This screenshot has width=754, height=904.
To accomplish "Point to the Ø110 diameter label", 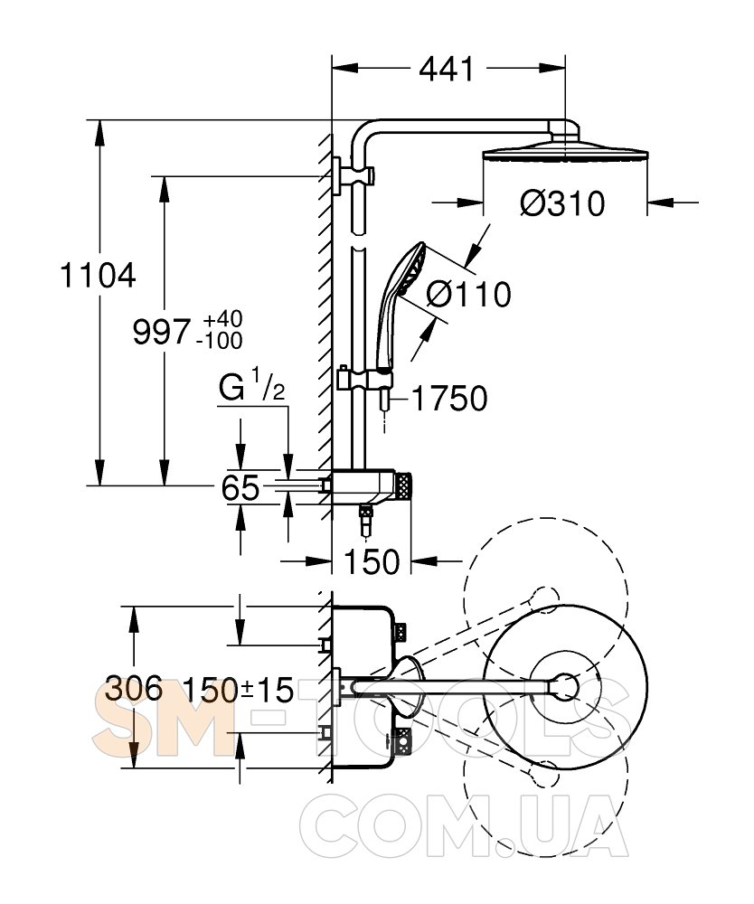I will click(x=467, y=295).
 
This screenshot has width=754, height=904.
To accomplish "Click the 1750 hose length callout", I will click(x=449, y=398).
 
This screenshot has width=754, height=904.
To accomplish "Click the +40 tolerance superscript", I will click(x=222, y=320).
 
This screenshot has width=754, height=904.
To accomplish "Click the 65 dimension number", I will click(x=240, y=488).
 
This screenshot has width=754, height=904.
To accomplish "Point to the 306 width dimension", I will click(x=134, y=690).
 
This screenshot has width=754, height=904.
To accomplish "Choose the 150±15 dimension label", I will click(x=238, y=692).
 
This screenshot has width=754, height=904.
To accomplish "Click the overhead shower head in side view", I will click(x=561, y=148).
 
